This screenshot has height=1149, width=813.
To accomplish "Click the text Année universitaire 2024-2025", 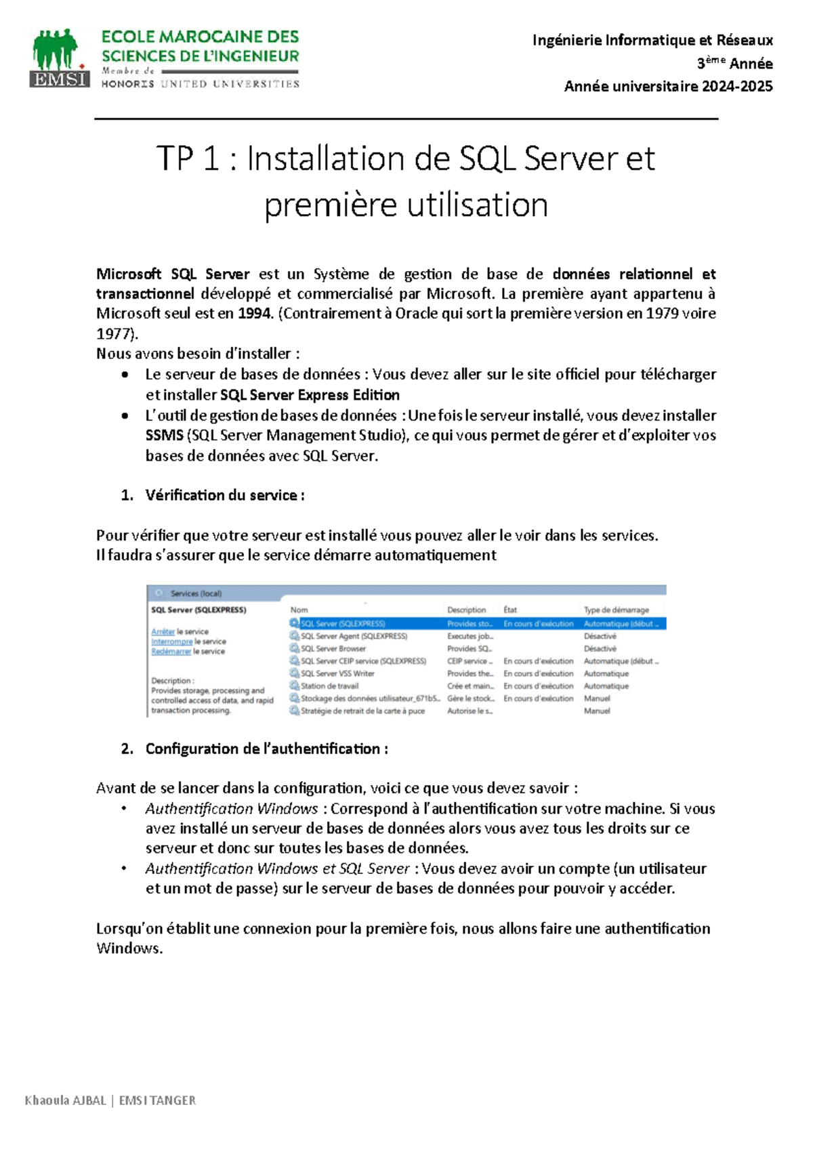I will point(668,86).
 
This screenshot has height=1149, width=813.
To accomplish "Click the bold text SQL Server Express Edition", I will point(310,395).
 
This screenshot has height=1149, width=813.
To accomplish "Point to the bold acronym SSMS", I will point(164,436).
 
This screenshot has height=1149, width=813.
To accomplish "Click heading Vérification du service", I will point(224,495).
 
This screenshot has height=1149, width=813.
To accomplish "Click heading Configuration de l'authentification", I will point(266,749).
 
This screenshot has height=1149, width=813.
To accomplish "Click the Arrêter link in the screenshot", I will point(163,631).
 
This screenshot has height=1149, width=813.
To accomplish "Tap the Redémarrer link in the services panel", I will point(171,651).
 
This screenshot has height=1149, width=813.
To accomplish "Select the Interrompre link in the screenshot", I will point(171,642).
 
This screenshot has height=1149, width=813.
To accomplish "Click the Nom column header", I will point(299,610).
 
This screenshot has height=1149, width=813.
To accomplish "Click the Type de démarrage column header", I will point(616,610).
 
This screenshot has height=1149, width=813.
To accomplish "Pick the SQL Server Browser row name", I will point(333,648).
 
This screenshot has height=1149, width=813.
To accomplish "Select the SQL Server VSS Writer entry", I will point(337,673).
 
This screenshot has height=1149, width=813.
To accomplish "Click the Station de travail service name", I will point(329,686).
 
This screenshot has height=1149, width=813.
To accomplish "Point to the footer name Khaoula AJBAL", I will point(65,1100).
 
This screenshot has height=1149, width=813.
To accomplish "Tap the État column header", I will point(510,610).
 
